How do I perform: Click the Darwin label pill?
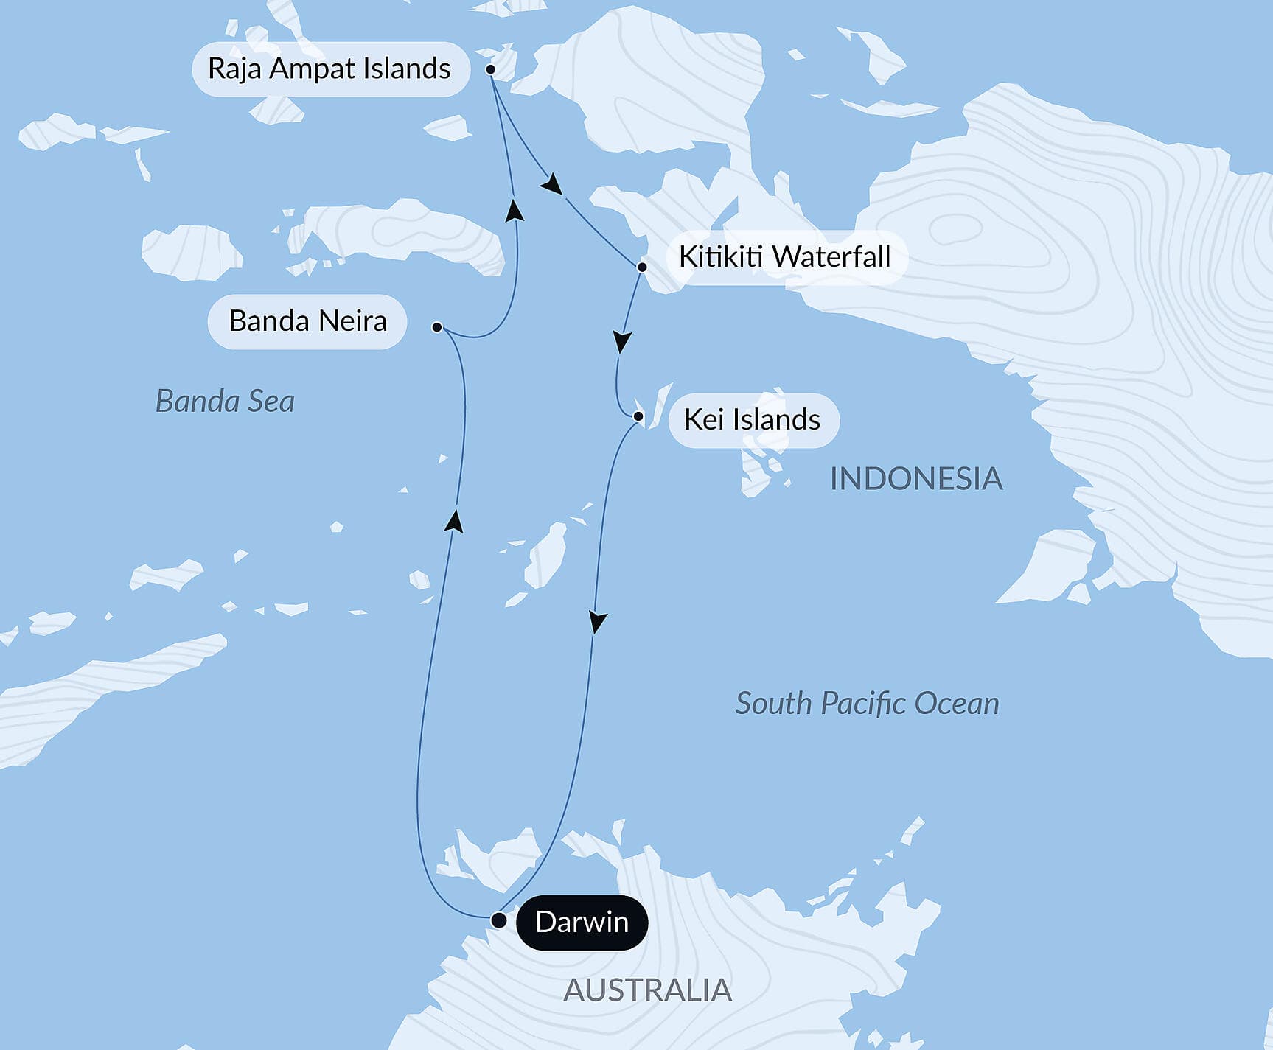(582, 922)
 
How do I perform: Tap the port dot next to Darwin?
(499, 920)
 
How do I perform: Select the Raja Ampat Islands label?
(329, 69)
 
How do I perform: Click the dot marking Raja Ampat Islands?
(490, 69)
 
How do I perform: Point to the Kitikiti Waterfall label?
(784, 256)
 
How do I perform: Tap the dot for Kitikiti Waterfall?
(642, 267)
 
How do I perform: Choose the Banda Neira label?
(307, 321)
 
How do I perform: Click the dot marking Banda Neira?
(437, 326)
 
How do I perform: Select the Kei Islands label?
(752, 420)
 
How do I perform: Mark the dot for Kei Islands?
(638, 417)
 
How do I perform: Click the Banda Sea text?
(225, 402)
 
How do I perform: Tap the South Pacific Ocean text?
(867, 704)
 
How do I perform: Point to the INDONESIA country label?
(915, 479)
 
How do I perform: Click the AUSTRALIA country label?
(647, 990)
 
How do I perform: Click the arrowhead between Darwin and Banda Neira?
(455, 520)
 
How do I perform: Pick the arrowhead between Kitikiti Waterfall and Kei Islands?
(623, 342)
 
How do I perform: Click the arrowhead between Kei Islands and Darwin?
(598, 622)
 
